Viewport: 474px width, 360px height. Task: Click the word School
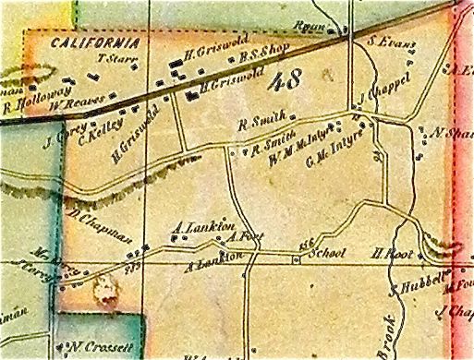click(x=329, y=254)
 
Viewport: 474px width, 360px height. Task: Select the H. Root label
click(x=385, y=250)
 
